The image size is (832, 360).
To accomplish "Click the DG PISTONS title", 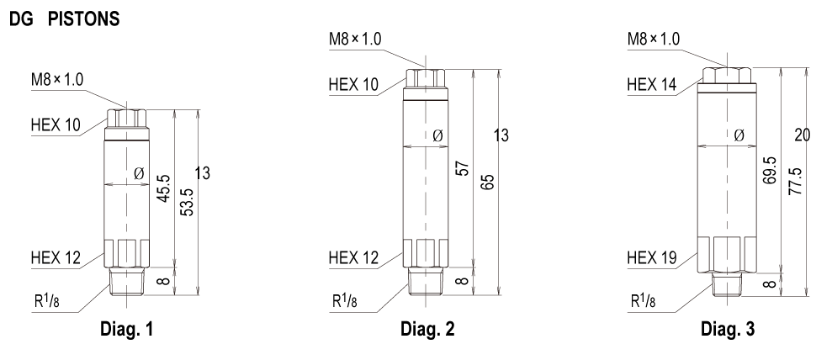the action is (x=64, y=19).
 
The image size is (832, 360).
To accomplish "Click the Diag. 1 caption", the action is (x=126, y=329).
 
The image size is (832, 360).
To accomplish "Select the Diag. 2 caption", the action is (x=427, y=329).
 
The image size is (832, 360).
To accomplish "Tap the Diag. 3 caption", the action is (x=727, y=329).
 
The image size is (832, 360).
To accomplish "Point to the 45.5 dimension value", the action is (x=163, y=188).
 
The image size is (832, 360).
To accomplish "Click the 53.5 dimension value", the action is (x=187, y=202).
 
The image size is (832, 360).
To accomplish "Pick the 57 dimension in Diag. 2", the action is (x=463, y=169).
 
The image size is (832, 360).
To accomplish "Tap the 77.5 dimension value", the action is (x=795, y=182).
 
